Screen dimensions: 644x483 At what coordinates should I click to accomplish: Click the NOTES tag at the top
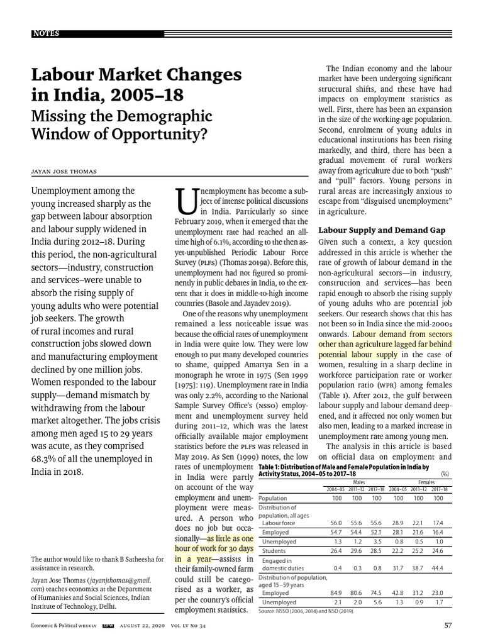pos(47,33)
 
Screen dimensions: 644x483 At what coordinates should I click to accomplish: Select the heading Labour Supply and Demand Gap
pos(382,230)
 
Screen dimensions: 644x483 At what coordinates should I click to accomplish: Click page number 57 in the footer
pos(447,625)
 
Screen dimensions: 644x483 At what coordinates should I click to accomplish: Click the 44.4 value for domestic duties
pos(440,568)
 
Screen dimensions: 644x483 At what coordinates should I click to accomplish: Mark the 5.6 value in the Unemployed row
pos(377,601)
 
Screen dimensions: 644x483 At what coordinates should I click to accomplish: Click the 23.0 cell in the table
pos(440,592)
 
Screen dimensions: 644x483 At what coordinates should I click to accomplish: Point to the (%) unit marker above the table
pos(445,474)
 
